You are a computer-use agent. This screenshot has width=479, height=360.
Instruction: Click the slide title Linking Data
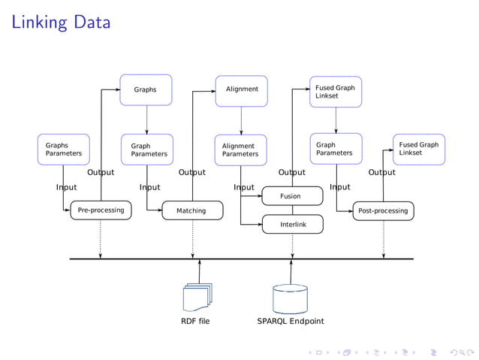click(61, 23)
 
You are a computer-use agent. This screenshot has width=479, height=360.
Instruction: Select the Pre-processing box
click(101, 210)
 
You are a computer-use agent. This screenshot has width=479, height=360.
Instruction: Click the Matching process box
click(191, 210)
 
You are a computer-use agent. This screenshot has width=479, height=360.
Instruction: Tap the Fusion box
click(291, 196)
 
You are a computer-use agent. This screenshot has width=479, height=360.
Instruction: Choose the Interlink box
click(291, 224)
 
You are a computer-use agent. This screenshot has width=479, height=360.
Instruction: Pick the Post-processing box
click(383, 210)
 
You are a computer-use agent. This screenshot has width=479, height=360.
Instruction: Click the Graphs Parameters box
click(64, 150)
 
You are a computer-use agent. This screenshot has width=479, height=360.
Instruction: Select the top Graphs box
click(146, 89)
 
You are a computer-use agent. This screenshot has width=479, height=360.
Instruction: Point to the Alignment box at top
click(242, 89)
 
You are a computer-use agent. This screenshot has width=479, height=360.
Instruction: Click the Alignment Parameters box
click(241, 150)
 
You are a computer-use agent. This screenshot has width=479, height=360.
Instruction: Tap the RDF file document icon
click(197, 298)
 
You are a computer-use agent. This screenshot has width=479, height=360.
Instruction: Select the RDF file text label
click(195, 322)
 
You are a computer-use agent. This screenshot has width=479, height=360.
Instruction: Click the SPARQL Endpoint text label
click(291, 322)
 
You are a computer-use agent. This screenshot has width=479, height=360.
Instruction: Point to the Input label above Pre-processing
click(66, 187)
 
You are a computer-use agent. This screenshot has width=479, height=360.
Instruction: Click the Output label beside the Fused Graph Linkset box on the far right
click(381, 172)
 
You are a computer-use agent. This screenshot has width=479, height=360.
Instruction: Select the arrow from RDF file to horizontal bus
click(200, 271)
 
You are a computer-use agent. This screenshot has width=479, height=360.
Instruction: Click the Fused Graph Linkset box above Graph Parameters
click(336, 92)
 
